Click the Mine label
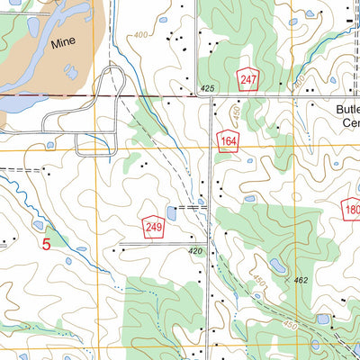[62, 41]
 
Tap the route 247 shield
[248, 79]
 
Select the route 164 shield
[228, 139]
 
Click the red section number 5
[45, 242]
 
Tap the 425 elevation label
[208, 89]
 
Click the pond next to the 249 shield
[170, 212]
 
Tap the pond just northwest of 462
[277, 267]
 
